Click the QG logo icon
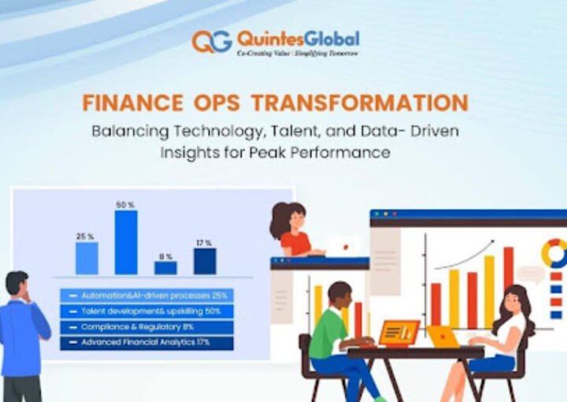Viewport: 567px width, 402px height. [212, 41]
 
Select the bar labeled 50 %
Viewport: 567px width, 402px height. [126, 242]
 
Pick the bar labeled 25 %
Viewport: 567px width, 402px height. [87, 258]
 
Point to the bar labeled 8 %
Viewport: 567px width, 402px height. [165, 267]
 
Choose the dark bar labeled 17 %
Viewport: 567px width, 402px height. [205, 261]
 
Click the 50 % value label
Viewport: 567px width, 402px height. [126, 205]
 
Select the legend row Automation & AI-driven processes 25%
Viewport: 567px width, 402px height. [146, 296]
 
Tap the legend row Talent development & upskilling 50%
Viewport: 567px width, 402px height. [146, 311]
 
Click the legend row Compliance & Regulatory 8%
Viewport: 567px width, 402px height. [146, 327]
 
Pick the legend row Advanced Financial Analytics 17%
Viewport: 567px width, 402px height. [146, 343]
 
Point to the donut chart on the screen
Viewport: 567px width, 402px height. [554, 253]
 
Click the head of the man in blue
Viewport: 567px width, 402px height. [17, 284]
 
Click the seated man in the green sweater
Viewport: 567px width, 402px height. [328, 331]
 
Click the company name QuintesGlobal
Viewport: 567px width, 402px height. [298, 38]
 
